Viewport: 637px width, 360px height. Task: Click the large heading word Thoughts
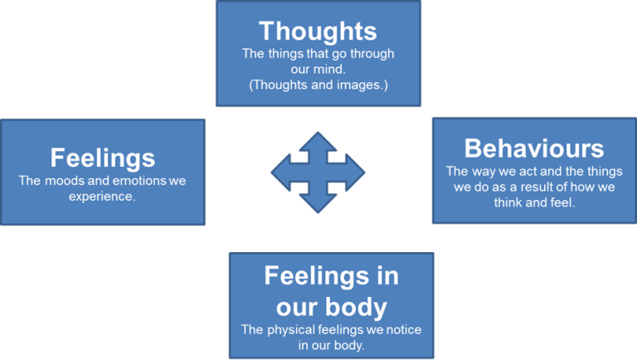[318, 32]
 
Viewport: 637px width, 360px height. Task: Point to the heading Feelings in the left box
[102, 158]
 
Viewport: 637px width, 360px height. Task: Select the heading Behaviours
[533, 148]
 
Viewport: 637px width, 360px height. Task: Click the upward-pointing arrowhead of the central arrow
[318, 139]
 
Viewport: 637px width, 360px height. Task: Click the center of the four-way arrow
[318, 173]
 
